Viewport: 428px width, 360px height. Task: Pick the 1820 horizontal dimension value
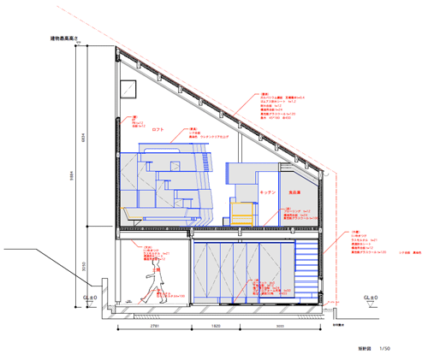217,327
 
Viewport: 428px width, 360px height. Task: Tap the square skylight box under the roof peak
129,88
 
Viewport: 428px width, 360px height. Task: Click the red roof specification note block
278,106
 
